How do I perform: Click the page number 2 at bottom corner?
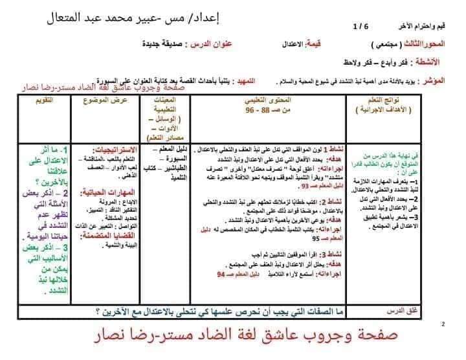(443, 323)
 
